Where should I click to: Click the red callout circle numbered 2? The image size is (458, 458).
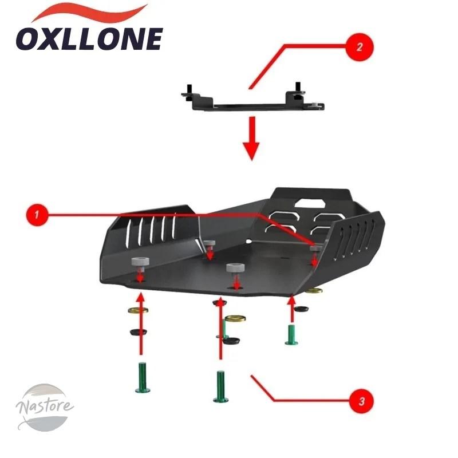coord(360,47)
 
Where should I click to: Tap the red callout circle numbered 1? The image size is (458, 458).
coord(37,215)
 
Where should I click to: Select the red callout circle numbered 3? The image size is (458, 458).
coord(361,401)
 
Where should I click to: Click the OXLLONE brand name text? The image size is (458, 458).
coord(89,40)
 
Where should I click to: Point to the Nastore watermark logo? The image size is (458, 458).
coord(45,408)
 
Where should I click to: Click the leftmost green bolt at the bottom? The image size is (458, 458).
coord(143,377)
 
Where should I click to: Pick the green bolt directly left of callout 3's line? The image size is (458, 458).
coord(220,386)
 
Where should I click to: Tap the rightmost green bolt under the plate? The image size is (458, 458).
coord(291,334)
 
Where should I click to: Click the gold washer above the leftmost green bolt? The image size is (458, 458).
coord(138,310)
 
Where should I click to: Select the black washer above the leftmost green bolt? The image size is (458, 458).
coord(138,332)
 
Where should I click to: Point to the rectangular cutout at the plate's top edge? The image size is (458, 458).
coord(310,203)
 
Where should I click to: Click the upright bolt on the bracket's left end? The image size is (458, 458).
coord(189,92)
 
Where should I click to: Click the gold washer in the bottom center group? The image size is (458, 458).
coord(235,318)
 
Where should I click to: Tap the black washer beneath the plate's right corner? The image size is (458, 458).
coord(301,309)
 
